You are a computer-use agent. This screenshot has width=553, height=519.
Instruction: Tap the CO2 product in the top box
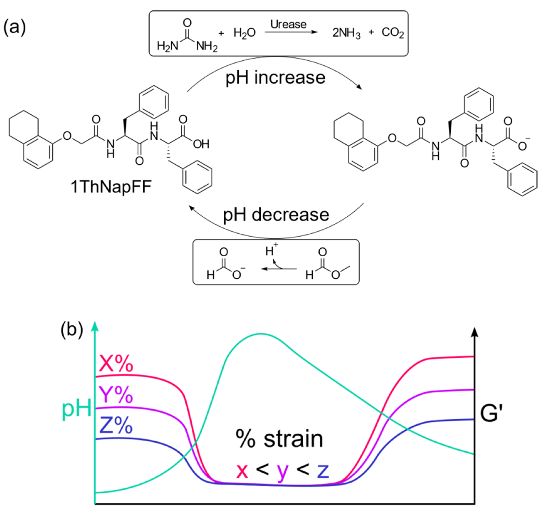click(392, 33)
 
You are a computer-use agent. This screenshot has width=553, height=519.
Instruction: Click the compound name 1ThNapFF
click(111, 187)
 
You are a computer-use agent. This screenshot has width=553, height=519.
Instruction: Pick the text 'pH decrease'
click(276, 215)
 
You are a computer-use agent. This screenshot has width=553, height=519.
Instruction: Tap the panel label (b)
click(72, 330)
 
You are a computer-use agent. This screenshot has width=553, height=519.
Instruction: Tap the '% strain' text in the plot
click(279, 439)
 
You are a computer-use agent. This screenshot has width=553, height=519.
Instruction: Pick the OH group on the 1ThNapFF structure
click(201, 144)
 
